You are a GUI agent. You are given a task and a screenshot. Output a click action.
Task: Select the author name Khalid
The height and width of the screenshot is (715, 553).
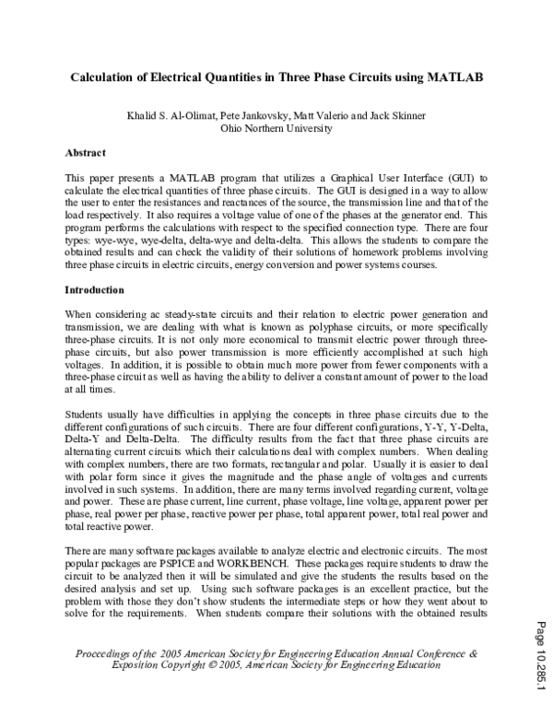pos(147,116)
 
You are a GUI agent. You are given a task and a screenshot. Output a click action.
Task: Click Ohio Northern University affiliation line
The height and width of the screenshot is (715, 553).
pos(276,129)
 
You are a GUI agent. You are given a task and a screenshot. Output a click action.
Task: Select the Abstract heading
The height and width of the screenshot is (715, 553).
pos(85,152)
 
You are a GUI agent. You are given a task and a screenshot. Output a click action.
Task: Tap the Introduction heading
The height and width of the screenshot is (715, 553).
pos(93,289)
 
